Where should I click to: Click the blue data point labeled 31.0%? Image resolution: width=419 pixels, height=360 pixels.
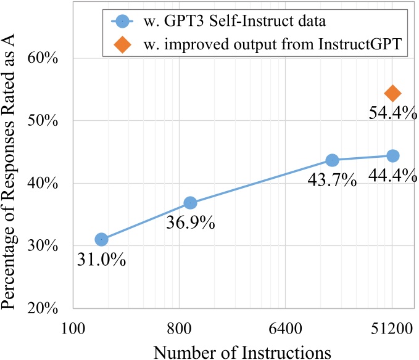coord(101,239)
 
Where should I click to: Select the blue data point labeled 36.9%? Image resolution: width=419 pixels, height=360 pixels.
coord(190,203)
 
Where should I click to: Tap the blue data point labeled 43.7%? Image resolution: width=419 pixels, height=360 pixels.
coord(332,160)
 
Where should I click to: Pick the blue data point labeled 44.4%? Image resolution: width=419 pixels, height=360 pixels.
coord(392,156)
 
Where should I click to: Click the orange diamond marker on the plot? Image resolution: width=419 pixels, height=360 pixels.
coord(392,93)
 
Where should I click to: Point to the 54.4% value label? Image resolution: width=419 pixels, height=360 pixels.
coord(392,115)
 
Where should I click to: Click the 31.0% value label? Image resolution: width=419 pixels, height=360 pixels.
coord(102,260)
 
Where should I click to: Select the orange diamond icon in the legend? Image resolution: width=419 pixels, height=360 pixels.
coord(123,45)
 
